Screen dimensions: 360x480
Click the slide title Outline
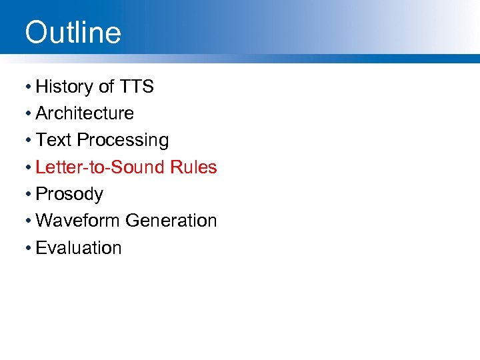click(73, 32)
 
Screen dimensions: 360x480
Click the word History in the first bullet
click(65, 87)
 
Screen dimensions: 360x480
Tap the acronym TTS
click(137, 87)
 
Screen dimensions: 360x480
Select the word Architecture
click(85, 113)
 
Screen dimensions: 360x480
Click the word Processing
click(123, 141)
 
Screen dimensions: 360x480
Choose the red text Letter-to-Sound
click(101, 167)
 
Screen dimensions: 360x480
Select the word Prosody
click(69, 194)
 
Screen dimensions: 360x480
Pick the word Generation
click(171, 220)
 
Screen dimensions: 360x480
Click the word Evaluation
click(79, 247)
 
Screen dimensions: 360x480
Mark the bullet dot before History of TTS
click(28, 87)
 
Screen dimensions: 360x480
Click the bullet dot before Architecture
click(28, 114)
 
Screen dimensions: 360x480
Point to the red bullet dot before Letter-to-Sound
click(28, 167)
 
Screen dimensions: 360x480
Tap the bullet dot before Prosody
click(28, 195)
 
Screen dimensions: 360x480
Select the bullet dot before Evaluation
click(28, 248)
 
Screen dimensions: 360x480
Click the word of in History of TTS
click(107, 87)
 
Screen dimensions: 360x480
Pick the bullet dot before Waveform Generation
click(28, 221)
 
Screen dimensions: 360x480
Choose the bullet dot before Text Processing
click(28, 141)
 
